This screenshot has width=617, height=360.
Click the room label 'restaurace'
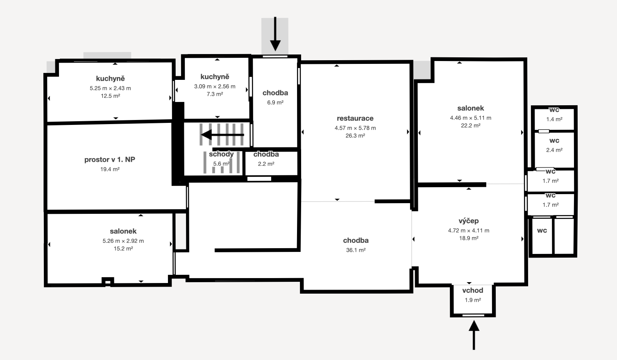(x=355, y=118)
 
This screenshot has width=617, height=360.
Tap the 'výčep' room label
(x=469, y=221)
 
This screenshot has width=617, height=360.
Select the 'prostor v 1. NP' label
(x=110, y=160)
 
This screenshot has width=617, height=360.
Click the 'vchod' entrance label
(x=472, y=290)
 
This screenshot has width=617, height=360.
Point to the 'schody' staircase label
(x=221, y=154)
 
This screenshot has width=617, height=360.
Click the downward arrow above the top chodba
(x=275, y=34)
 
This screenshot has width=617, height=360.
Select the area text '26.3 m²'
(x=355, y=136)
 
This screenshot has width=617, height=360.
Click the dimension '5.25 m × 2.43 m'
(x=110, y=88)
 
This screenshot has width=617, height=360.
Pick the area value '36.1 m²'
(x=356, y=250)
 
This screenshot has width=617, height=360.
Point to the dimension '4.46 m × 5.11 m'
(x=470, y=118)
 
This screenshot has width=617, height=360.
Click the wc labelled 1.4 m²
(x=554, y=110)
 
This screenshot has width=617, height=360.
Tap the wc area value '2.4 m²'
(x=554, y=150)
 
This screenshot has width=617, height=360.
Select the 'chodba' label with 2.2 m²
(x=266, y=154)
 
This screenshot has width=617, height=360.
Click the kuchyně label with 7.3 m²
(x=215, y=77)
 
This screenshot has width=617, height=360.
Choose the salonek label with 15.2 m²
(x=123, y=231)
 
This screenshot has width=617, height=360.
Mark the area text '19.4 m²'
(x=110, y=169)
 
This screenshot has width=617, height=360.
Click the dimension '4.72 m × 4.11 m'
(x=468, y=231)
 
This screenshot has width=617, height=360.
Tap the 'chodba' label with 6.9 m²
(x=275, y=93)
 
